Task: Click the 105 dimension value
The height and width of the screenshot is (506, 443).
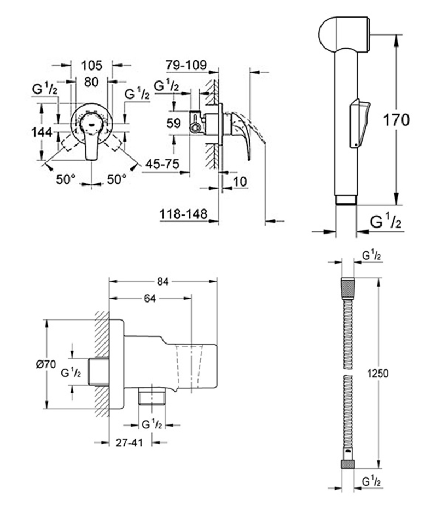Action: [x=91, y=66]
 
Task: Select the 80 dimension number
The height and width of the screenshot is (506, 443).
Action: [x=91, y=82]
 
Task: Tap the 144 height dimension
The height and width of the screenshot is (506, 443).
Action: [x=42, y=132]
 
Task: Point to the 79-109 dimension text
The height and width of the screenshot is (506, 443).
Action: [x=186, y=65]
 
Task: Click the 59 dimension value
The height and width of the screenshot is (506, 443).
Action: [x=174, y=123]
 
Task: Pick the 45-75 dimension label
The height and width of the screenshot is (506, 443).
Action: [x=162, y=164]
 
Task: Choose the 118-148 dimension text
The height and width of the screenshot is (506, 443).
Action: [x=184, y=214]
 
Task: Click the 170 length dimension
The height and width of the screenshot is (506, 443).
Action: [x=396, y=120]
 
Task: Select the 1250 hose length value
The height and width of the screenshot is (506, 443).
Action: [x=378, y=374]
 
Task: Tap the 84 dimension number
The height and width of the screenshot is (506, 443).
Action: [x=162, y=282]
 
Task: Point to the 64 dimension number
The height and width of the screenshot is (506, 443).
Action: [x=150, y=299]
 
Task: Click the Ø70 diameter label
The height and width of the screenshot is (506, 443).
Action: [x=46, y=364]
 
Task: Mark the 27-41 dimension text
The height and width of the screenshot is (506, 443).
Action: [x=130, y=443]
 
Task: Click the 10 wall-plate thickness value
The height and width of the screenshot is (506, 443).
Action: [x=240, y=182]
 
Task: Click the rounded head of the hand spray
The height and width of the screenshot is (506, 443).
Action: [x=344, y=34]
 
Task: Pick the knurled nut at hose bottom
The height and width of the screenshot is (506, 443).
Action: [x=348, y=464]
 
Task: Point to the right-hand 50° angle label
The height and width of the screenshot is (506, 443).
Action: [x=116, y=179]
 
